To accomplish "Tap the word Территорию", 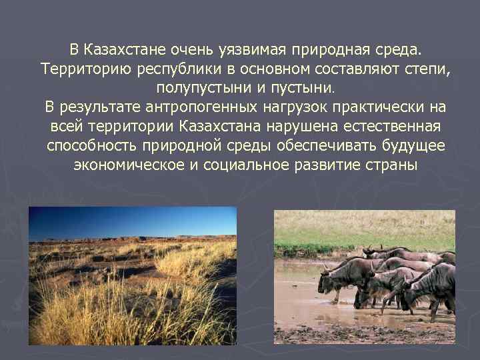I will click(x=85, y=69).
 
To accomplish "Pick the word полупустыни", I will click(x=198, y=87).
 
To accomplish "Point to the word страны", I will click(x=398, y=165).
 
